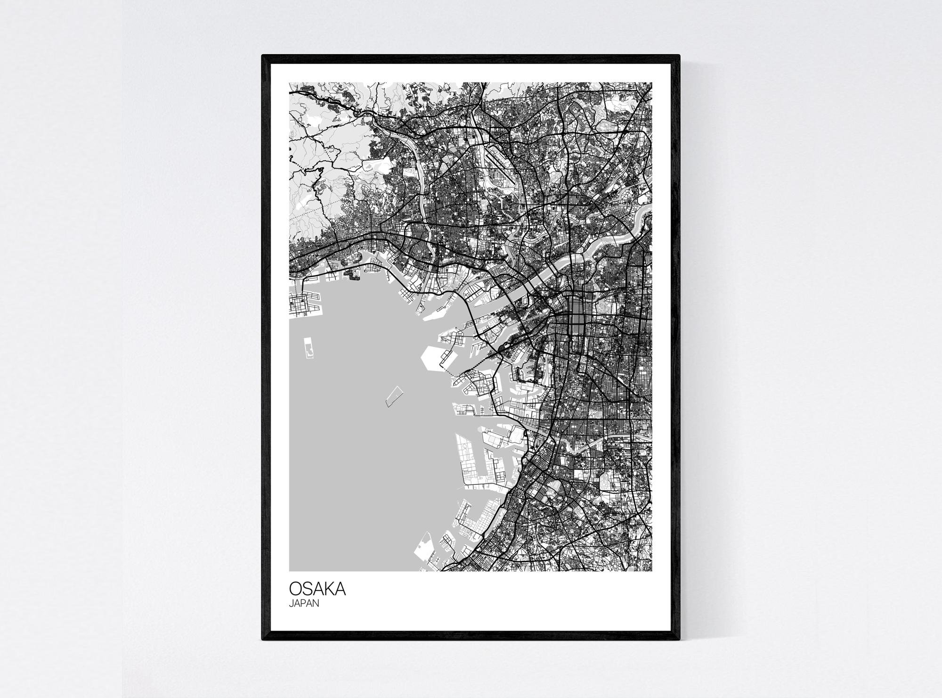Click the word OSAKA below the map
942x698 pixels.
point(317,589)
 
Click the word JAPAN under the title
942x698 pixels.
point(304,603)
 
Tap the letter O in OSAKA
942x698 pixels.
point(295,589)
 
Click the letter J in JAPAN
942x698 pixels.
point(291,603)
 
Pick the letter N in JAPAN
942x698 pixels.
point(316,603)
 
